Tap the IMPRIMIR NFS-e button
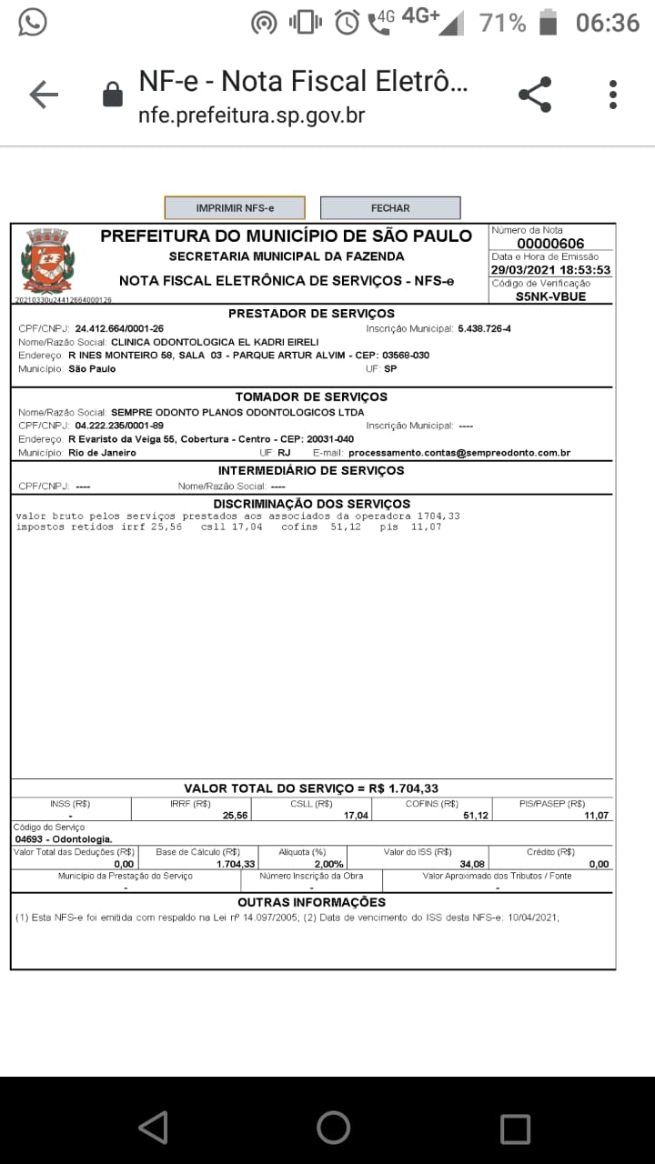235,208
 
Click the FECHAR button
390,208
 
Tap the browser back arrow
43,95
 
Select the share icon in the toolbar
535,95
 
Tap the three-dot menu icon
613,95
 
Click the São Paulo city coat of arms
45,259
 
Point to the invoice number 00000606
550,244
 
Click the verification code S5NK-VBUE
550,296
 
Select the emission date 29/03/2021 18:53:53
550,270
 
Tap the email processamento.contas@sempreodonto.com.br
459,453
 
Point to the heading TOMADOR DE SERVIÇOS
311,397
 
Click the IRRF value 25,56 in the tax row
235,816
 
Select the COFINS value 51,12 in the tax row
476,816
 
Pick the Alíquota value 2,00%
328,864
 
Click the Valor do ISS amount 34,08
472,864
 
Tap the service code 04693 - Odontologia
64,838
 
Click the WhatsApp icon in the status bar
33,22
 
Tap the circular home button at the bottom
333,1128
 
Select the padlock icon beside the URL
113,95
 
